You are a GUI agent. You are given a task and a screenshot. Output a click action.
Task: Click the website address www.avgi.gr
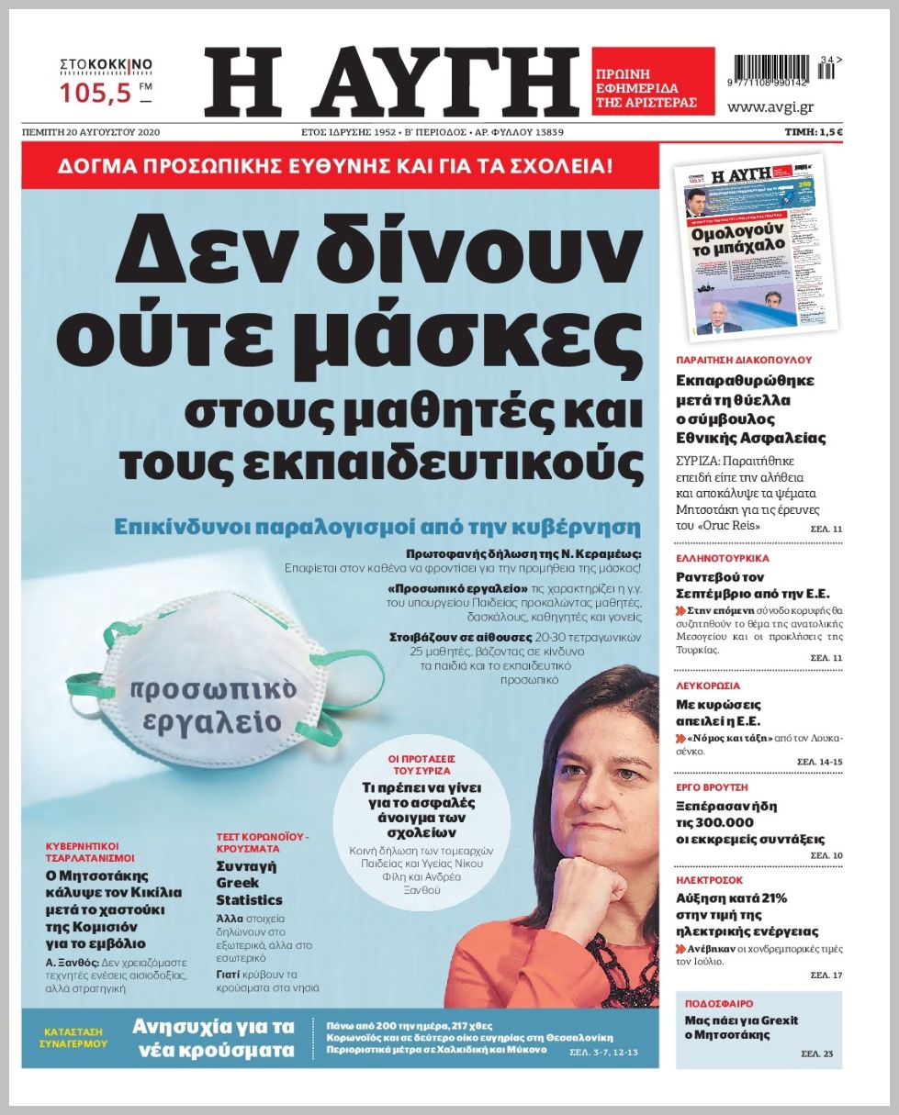770,107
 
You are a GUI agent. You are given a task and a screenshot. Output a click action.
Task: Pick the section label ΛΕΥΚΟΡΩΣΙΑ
708,686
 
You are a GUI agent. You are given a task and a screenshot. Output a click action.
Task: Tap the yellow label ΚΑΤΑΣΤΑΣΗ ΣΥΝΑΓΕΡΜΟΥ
73,1036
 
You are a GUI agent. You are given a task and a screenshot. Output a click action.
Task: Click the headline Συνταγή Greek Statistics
249,883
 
